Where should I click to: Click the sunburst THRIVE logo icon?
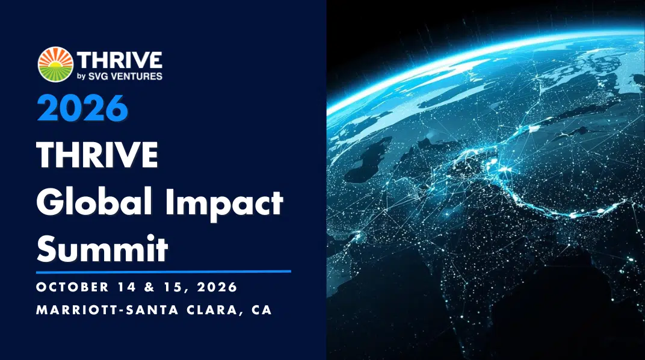[55, 64]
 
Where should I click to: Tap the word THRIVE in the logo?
[120, 60]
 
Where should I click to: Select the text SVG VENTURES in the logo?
[126, 76]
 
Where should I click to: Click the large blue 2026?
[82, 108]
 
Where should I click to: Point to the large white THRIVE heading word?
[97, 155]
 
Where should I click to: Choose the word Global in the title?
[94, 202]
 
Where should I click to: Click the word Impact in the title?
[224, 203]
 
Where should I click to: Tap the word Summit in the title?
[102, 249]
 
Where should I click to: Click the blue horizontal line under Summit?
[164, 272]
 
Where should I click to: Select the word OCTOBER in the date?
[73, 287]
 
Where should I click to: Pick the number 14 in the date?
[126, 287]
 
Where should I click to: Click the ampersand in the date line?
[149, 287]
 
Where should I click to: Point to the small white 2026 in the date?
[217, 287]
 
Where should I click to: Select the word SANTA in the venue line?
[152, 310]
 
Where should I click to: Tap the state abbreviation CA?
[262, 310]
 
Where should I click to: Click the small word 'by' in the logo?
[81, 76]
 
